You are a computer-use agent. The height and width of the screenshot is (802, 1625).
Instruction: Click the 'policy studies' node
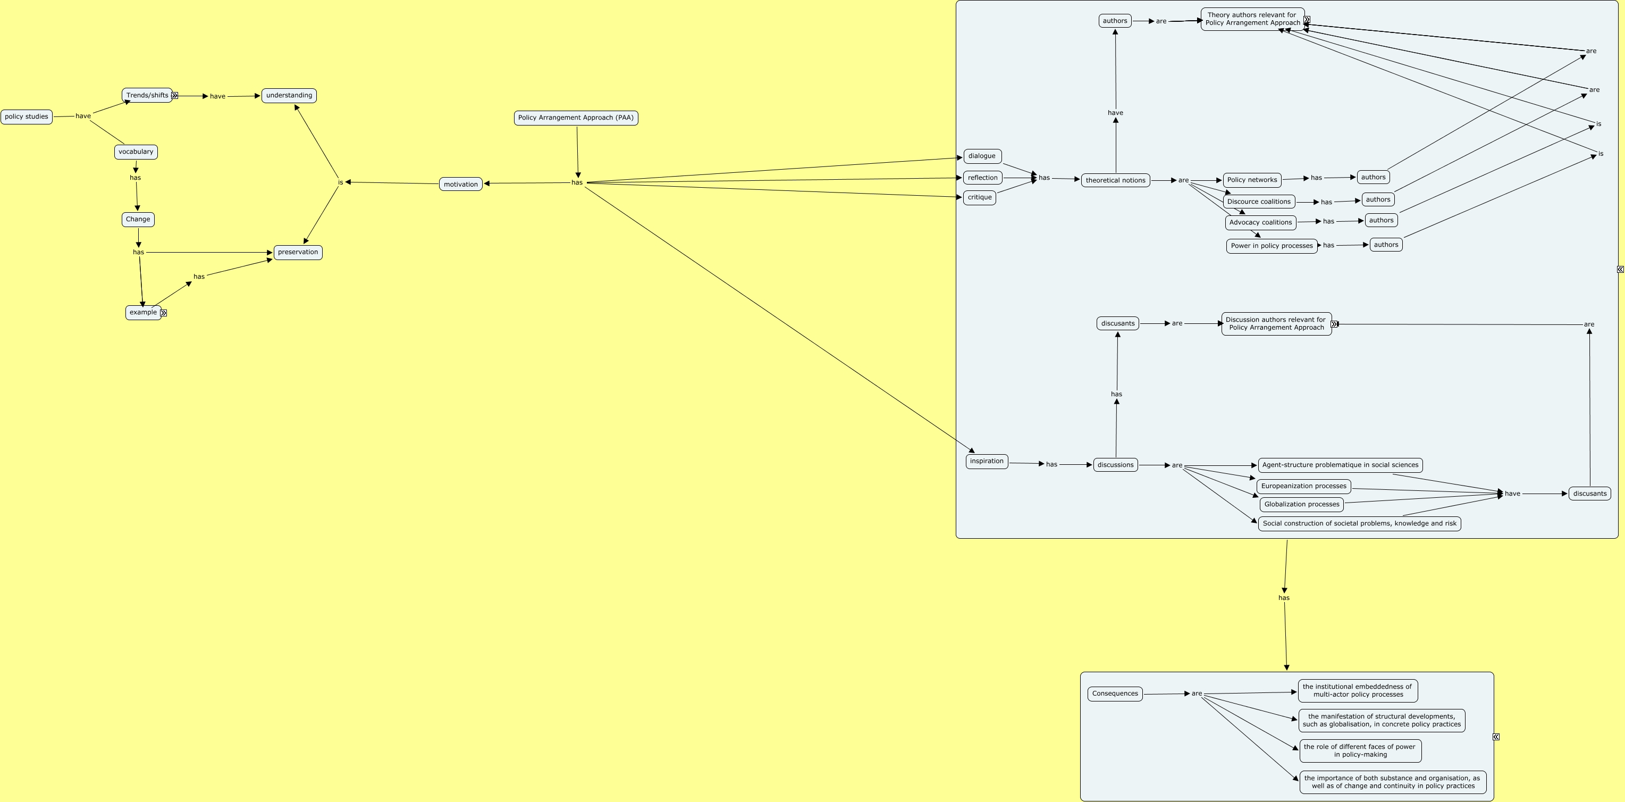point(27,116)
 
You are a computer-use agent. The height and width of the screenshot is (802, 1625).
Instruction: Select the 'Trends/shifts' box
point(147,95)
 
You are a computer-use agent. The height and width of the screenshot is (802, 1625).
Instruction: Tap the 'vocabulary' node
point(136,152)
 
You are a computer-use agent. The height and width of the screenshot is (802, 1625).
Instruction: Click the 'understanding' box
point(289,95)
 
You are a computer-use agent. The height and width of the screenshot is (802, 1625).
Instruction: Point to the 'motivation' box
point(460,184)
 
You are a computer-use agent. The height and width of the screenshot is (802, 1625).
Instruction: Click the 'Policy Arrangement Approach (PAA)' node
point(575,118)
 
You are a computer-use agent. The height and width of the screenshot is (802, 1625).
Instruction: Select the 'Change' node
point(138,220)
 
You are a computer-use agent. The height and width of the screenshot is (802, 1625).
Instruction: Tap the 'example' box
point(143,312)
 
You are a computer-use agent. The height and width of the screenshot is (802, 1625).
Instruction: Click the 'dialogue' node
point(982,156)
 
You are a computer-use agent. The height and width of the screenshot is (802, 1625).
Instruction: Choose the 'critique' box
point(979,197)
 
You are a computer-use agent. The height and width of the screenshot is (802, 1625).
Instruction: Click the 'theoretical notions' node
point(1115,180)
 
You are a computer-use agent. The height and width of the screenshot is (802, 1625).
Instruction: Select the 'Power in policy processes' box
point(1271,246)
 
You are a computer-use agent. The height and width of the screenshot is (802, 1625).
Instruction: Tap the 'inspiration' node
point(986,461)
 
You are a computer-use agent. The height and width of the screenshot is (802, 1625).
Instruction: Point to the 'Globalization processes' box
point(1301,505)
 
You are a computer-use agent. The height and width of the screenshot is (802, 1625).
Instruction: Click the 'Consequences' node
point(1115,694)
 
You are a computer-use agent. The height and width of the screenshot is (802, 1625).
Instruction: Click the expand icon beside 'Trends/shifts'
point(175,96)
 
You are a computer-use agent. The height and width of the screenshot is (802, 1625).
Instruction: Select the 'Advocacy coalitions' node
point(1260,223)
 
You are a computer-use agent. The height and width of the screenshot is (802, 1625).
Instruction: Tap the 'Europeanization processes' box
point(1303,487)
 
